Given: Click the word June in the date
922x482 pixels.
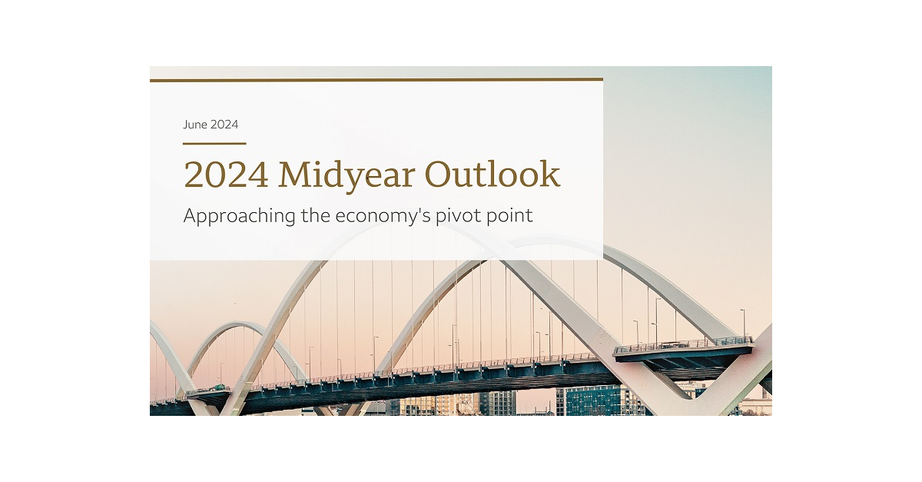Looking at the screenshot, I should coord(195,125).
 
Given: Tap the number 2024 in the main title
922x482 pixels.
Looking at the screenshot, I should coord(226,175).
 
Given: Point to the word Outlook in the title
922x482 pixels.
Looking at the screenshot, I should coord(493,175).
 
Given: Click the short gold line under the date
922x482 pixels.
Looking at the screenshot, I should coord(214,143).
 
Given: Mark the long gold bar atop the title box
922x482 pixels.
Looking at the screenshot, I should coord(376,79).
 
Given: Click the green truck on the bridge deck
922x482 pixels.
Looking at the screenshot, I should coord(221,387).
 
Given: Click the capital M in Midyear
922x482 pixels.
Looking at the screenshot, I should coord(293,175).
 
